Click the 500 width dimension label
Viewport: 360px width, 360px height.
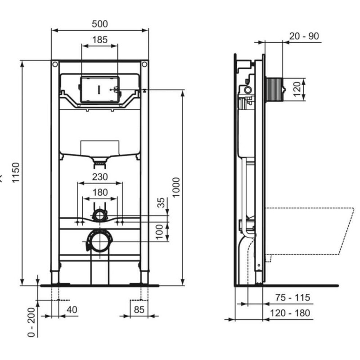pyautogui.click(x=99, y=24)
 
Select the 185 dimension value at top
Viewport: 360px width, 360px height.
pyautogui.click(x=99, y=40)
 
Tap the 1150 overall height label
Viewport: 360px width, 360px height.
pyautogui.click(x=16, y=172)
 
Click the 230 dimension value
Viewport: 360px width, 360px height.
pyautogui.click(x=99, y=177)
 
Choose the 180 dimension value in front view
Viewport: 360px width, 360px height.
pyautogui.click(x=99, y=192)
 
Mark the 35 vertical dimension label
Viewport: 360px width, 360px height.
pyautogui.click(x=162, y=203)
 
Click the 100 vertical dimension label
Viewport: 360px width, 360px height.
pyautogui.click(x=162, y=233)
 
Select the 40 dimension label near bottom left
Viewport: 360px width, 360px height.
pyautogui.click(x=72, y=310)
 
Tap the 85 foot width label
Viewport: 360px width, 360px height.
pyautogui.click(x=139, y=310)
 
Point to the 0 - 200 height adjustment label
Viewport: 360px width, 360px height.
pyautogui.click(x=31, y=323)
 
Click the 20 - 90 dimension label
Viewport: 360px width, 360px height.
pyautogui.click(x=304, y=36)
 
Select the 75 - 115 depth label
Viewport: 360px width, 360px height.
pyautogui.click(x=292, y=298)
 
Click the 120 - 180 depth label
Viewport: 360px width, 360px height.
pyautogui.click(x=292, y=313)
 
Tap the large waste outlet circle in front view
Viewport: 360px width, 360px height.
pyautogui.click(x=99, y=242)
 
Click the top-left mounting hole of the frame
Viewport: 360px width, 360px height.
pyautogui.click(x=55, y=65)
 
